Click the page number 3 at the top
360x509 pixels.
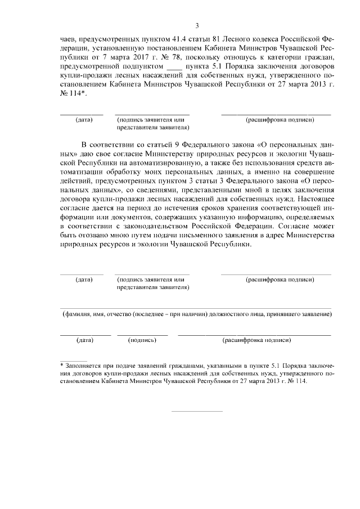tap(196, 25)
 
